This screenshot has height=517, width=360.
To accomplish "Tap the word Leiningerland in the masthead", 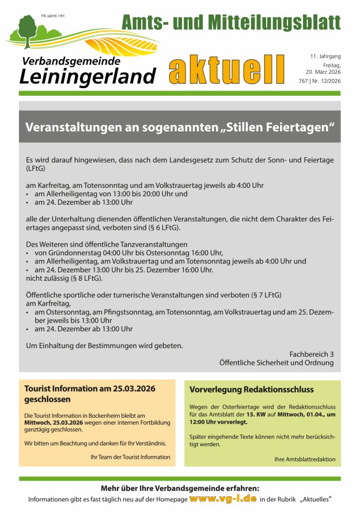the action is tap(87, 76).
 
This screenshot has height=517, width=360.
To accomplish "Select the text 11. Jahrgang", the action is tap(325, 56).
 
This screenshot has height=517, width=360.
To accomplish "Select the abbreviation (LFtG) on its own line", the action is tap(36, 169).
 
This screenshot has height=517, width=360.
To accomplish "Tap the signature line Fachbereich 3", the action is tap(311, 353).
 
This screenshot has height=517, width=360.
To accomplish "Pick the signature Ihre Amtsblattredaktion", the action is tap(304, 459).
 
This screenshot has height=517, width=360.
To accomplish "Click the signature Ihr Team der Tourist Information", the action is tap(130, 456).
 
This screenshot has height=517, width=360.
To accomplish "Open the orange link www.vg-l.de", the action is tap(222, 498).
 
